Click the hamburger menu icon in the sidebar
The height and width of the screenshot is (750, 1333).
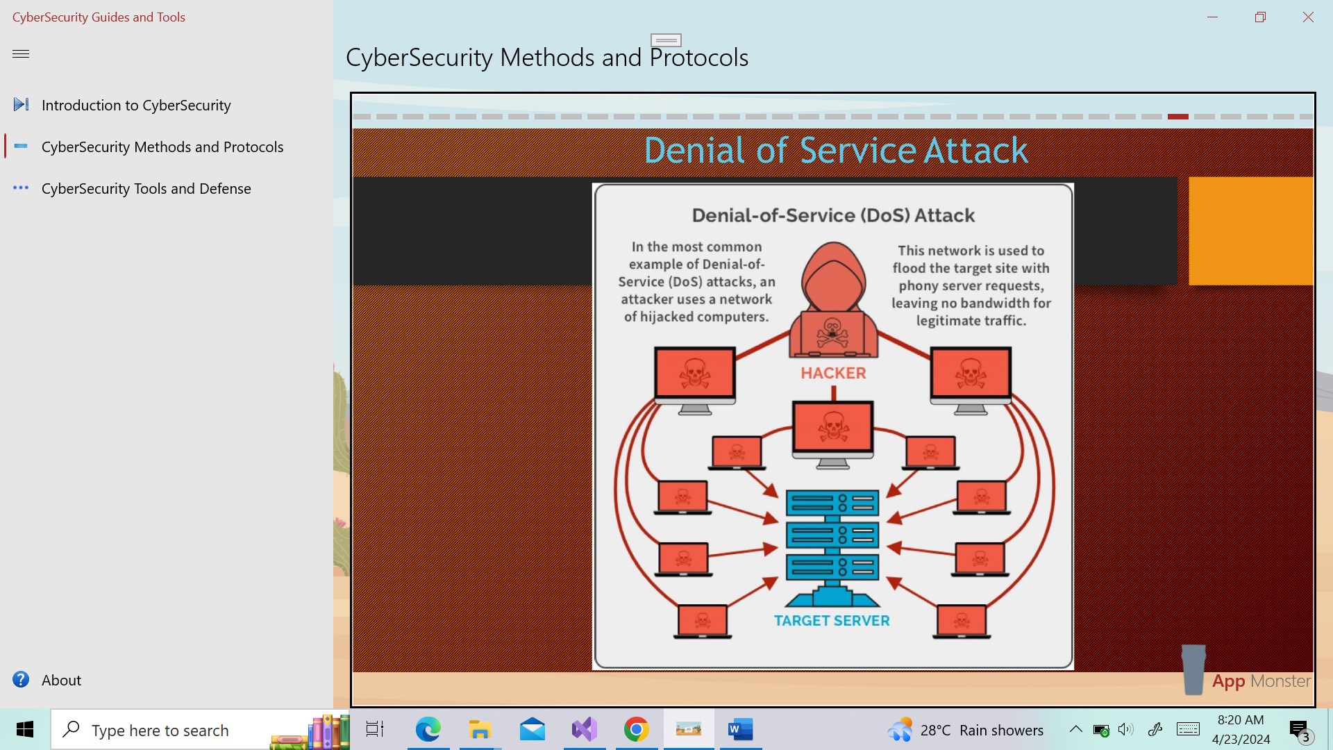click(x=21, y=53)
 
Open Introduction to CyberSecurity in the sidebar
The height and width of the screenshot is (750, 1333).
click(x=136, y=105)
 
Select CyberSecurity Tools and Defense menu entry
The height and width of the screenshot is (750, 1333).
click(x=146, y=188)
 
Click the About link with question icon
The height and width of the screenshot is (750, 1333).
click(x=61, y=680)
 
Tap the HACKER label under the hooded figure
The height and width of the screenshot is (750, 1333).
click(x=833, y=373)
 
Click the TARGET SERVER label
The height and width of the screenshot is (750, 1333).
click(x=832, y=621)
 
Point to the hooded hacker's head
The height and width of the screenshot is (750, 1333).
click(x=833, y=271)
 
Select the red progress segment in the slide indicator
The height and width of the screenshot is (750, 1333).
click(x=1178, y=117)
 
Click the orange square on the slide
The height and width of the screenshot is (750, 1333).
click(x=1250, y=231)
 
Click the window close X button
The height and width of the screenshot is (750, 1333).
click(x=1308, y=17)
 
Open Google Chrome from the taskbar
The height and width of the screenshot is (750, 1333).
click(x=636, y=729)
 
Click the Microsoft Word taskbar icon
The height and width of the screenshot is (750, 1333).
click(x=741, y=729)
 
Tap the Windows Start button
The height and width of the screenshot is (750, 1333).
click(x=25, y=729)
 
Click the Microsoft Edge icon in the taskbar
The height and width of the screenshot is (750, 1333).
click(x=428, y=729)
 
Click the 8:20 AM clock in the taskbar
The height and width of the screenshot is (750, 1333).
click(x=1241, y=720)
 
